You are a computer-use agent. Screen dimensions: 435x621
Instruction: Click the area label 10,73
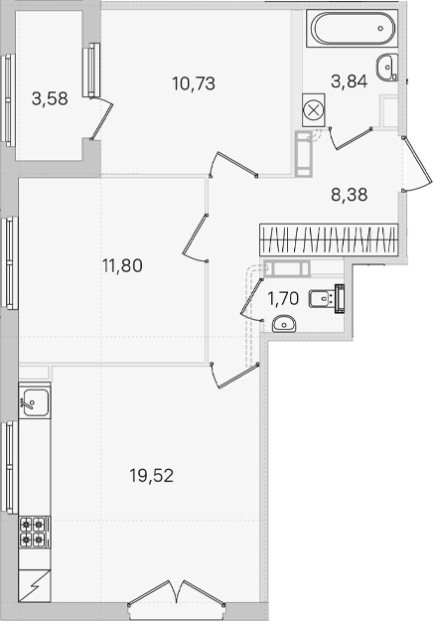pyautogui.click(x=194, y=83)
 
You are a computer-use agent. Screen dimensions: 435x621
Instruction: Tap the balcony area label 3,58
pyautogui.click(x=50, y=98)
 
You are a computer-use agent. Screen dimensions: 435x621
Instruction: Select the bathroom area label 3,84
pyautogui.click(x=350, y=81)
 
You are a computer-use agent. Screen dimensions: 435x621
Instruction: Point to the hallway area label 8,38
pyautogui.click(x=350, y=195)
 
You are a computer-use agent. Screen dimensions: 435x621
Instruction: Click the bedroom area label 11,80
pyautogui.click(x=122, y=265)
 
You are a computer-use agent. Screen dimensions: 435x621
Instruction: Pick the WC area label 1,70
pyautogui.click(x=283, y=298)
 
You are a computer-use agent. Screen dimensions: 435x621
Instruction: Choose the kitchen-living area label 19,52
pyautogui.click(x=152, y=475)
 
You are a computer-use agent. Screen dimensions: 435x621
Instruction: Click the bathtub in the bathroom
pyautogui.click(x=352, y=28)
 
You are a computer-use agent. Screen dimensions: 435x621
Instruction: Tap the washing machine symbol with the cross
pyautogui.click(x=314, y=110)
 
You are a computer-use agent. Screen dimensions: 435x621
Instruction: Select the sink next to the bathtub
pyautogui.click(x=386, y=68)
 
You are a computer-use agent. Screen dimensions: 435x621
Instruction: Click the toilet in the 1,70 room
pyautogui.click(x=327, y=299)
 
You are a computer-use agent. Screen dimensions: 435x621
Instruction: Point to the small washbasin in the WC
pyautogui.click(x=284, y=324)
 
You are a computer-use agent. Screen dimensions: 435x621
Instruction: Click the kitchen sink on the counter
pyautogui.click(x=35, y=402)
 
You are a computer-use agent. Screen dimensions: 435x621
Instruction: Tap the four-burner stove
pyautogui.click(x=33, y=532)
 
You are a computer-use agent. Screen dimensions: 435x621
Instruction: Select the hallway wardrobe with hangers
pyautogui.click(x=329, y=240)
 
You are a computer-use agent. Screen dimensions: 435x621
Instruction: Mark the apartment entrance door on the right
pyautogui.click(x=417, y=164)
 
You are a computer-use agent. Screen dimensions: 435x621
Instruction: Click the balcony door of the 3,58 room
pyautogui.click(x=102, y=117)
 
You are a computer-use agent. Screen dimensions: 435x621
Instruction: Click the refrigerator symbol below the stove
pyautogui.click(x=35, y=585)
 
